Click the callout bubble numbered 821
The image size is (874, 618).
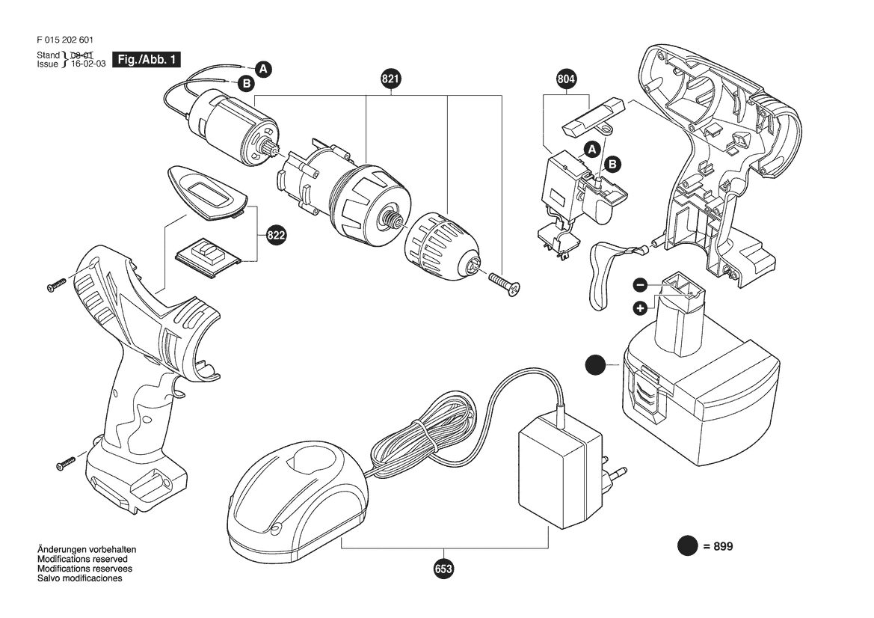[390, 79]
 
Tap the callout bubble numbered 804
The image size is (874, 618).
[566, 79]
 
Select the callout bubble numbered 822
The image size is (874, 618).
[276, 236]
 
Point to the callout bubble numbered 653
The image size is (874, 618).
[443, 569]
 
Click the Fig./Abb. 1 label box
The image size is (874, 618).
[147, 60]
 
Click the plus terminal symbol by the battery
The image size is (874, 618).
[640, 308]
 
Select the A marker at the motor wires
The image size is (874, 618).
[263, 69]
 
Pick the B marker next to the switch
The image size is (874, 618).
[612, 164]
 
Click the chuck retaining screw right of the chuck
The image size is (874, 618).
[504, 284]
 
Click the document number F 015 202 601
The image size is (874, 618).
[64, 40]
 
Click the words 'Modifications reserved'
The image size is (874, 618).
[82, 560]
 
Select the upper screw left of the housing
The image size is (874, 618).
[58, 284]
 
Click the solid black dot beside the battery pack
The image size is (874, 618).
[596, 365]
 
